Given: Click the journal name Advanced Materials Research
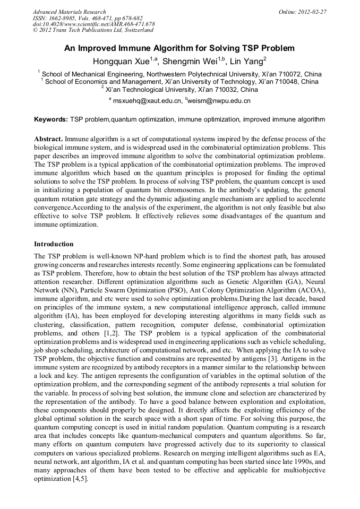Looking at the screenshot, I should click(x=69, y=12).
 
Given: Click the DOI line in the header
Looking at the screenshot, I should click(x=93, y=24).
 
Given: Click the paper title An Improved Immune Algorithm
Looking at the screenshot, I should click(x=179, y=48).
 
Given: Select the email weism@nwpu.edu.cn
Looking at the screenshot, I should click(x=219, y=101).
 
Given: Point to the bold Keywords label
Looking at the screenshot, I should click(x=51, y=120).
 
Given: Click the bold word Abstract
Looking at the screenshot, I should click(x=49, y=139).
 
